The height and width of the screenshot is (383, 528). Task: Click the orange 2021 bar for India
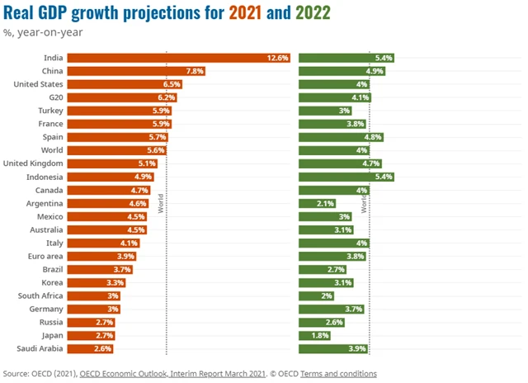[x=178, y=58]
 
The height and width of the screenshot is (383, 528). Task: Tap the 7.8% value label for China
[x=194, y=71]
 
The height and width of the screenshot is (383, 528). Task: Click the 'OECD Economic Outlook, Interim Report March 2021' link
[x=172, y=373]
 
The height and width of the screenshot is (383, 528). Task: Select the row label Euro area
[x=43, y=256]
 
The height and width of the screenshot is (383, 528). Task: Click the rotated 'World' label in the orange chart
[x=161, y=202]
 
